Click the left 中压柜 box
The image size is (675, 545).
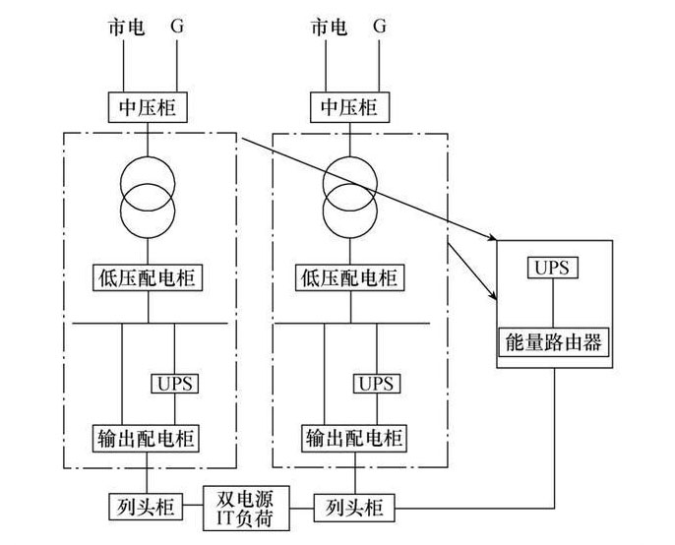[x=149, y=105]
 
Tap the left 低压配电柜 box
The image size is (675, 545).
[x=149, y=277]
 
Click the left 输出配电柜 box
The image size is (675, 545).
[x=149, y=437]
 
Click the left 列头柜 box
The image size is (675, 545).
[x=141, y=508]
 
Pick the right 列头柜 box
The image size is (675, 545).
[x=351, y=508]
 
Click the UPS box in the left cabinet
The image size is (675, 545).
[x=175, y=382]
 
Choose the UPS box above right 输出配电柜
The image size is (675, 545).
[x=378, y=382]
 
